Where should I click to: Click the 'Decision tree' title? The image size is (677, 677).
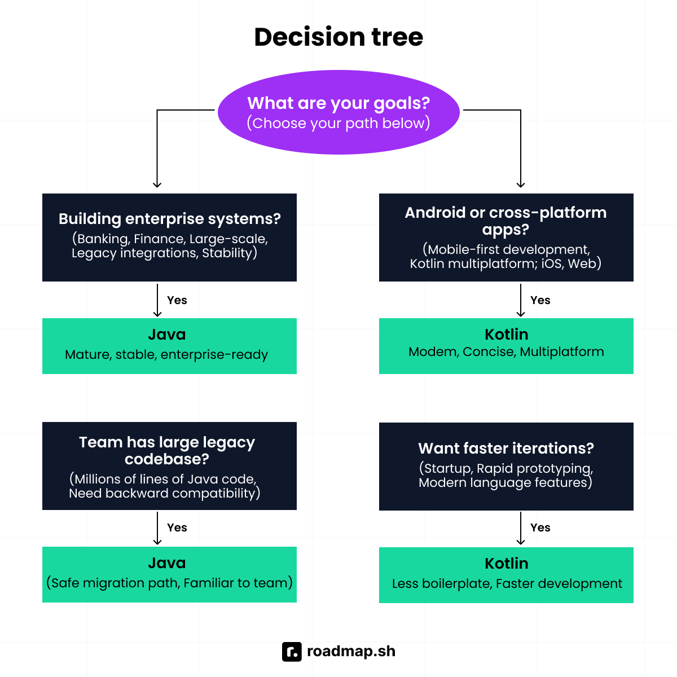(x=338, y=37)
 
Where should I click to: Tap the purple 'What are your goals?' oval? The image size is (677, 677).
(x=338, y=112)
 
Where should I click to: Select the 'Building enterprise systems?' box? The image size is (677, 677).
(x=169, y=237)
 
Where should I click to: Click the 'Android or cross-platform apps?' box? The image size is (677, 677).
(x=506, y=237)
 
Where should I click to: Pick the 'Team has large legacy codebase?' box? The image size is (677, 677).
(x=169, y=466)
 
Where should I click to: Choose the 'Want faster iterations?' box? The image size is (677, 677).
(x=506, y=466)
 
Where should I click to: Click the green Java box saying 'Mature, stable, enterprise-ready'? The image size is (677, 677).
(x=169, y=346)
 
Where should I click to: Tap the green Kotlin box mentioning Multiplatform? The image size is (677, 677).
(x=506, y=346)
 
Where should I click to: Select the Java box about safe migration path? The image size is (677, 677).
(x=169, y=574)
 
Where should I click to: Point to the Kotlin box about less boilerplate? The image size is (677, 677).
(x=506, y=575)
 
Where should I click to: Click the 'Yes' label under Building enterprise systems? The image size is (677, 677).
(x=177, y=300)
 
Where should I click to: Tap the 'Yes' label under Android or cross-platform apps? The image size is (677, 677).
(x=540, y=300)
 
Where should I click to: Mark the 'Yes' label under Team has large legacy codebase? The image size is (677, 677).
(x=177, y=527)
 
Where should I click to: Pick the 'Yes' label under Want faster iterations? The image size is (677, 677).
(x=540, y=527)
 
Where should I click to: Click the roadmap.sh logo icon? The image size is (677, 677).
(x=292, y=652)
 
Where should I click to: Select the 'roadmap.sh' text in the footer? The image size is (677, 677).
(x=351, y=652)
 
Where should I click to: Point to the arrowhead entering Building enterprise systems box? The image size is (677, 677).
(x=157, y=184)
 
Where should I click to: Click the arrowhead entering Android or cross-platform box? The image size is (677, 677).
(x=521, y=184)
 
